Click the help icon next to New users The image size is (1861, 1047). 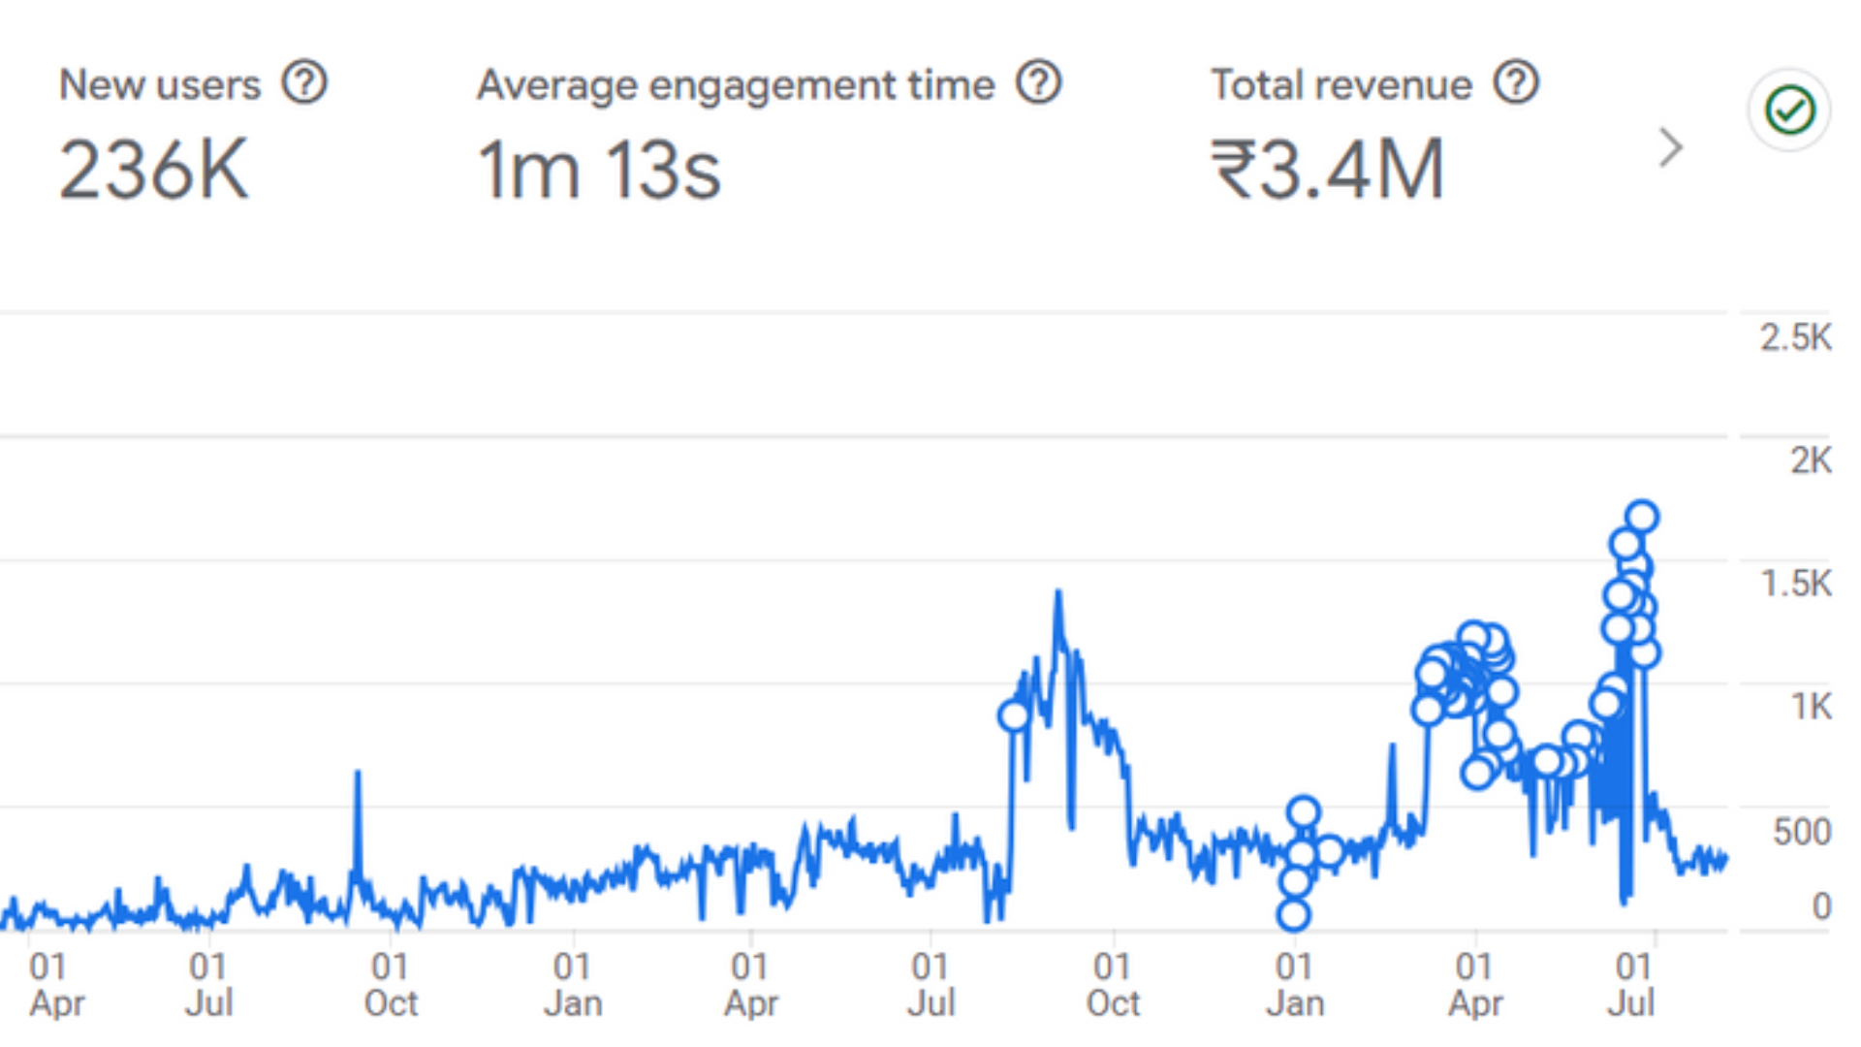[x=304, y=83]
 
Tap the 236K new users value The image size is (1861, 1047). [x=153, y=170]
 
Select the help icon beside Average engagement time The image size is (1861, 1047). [x=1038, y=83]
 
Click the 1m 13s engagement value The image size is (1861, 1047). [x=598, y=170]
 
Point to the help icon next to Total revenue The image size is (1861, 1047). [x=1516, y=83]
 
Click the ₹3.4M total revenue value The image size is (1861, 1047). [x=1327, y=170]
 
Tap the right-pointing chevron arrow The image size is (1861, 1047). [x=1669, y=147]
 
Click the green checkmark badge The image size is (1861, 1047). [x=1789, y=110]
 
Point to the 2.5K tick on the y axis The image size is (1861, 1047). [x=1795, y=337]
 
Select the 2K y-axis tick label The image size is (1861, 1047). [x=1810, y=460]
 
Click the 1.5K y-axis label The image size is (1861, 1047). [x=1795, y=584]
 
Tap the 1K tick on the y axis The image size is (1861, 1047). [x=1810, y=707]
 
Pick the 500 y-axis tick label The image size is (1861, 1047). [x=1801, y=832]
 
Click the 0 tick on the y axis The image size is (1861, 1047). [x=1820, y=906]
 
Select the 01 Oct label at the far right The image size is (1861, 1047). [x=1112, y=984]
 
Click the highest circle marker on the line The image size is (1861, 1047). [x=1642, y=517]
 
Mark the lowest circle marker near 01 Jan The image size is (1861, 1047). [x=1293, y=914]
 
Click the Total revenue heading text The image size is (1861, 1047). [x=1341, y=85]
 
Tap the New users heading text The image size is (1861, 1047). [x=160, y=85]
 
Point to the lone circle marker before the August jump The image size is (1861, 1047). [x=1014, y=716]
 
